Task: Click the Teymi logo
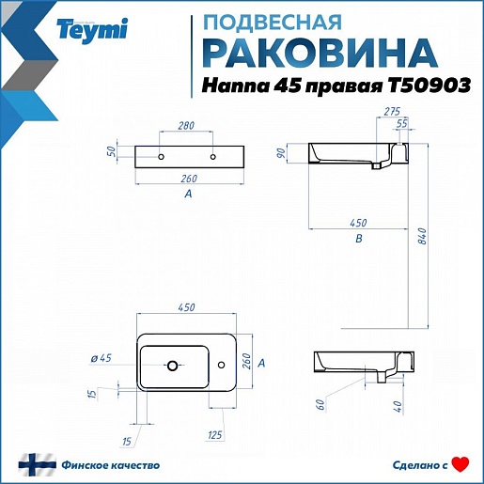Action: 92,31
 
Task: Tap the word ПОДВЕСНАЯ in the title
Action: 273,23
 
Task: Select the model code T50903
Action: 429,86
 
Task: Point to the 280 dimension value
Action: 186,126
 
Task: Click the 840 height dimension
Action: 422,236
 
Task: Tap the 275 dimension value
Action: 392,111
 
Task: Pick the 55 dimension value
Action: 401,123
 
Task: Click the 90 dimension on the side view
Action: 281,153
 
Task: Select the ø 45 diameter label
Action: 101,358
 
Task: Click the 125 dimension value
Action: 214,435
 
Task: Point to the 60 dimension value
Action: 321,405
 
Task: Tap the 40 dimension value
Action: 398,406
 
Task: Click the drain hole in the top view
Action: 172,365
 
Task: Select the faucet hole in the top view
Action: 221,365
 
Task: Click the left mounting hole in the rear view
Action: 161,157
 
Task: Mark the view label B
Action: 359,239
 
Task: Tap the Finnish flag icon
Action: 38,465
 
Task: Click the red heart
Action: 461,464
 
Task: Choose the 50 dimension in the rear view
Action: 112,151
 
